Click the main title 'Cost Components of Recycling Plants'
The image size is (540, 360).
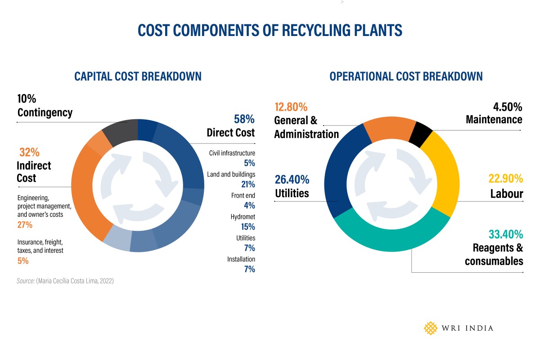click(x=270, y=30)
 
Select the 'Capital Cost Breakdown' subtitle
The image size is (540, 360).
click(x=138, y=76)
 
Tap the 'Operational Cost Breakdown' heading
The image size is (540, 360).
click(x=406, y=76)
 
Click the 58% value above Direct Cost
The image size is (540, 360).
click(x=244, y=119)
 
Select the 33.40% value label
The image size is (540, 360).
click(x=506, y=234)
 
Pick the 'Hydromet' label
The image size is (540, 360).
click(x=243, y=217)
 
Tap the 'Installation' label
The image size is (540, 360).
click(x=241, y=259)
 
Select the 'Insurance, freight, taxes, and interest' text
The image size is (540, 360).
click(x=40, y=246)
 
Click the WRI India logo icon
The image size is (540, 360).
click(x=431, y=328)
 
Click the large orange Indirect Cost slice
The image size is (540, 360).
click(x=85, y=193)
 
